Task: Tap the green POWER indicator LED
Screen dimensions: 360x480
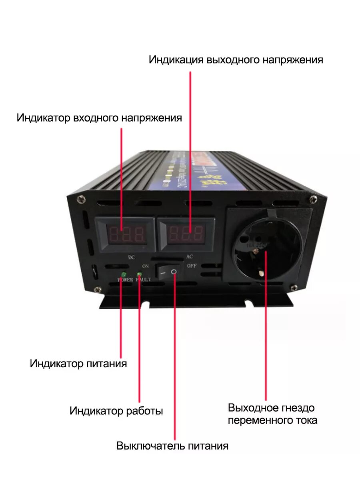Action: click(124, 275)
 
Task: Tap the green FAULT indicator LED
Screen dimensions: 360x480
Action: click(140, 274)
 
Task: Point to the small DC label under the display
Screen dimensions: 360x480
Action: click(131, 258)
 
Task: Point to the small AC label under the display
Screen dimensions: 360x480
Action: click(190, 256)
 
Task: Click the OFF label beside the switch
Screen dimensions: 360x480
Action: click(191, 265)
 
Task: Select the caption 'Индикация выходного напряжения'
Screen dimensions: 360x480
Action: click(236, 60)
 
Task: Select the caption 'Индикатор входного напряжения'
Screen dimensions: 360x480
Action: click(99, 118)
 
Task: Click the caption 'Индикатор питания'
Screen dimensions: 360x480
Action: click(78, 364)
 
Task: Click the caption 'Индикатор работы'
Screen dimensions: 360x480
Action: click(116, 411)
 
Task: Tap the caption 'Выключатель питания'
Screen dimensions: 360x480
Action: click(172, 446)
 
